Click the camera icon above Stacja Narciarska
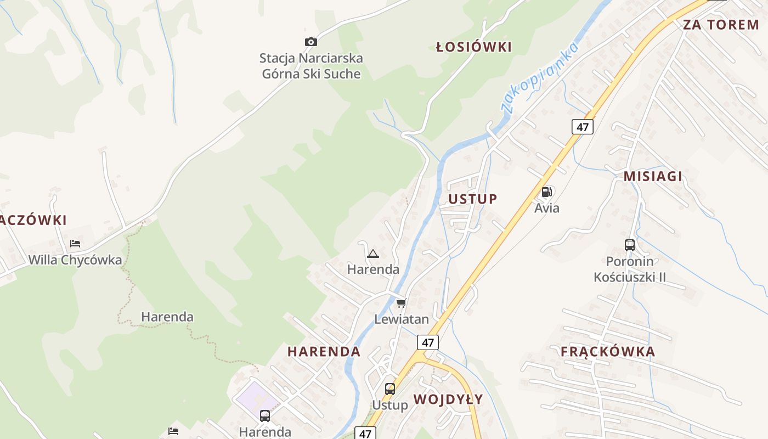click(x=311, y=42)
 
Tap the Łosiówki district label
click(x=474, y=47)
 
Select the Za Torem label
click(x=721, y=25)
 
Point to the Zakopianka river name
click(x=540, y=77)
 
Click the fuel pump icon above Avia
click(x=546, y=192)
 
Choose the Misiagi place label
click(x=653, y=176)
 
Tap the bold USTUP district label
click(x=473, y=199)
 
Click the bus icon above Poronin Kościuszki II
click(x=630, y=245)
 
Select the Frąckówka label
click(x=608, y=352)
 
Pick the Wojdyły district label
click(x=448, y=399)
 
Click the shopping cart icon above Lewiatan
click(x=402, y=303)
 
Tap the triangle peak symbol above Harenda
click(x=373, y=254)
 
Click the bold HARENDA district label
click(x=324, y=352)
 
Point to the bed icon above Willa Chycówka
click(x=75, y=244)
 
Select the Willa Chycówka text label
click(x=75, y=260)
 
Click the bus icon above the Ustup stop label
click(x=390, y=389)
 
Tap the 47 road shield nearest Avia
click(x=582, y=127)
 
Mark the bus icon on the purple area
click(x=265, y=415)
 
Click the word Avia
click(x=547, y=208)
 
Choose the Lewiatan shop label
click(x=402, y=319)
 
